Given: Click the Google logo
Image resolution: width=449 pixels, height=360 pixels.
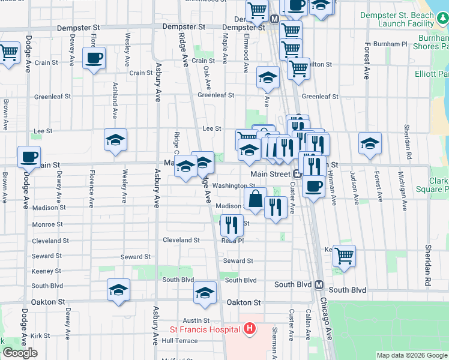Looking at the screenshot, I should pyautogui.click(x=20, y=353).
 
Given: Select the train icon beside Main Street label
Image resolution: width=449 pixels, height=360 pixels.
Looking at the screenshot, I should pyautogui.click(x=297, y=174).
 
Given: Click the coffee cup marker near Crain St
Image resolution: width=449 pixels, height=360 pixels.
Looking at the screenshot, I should pyautogui.click(x=94, y=58).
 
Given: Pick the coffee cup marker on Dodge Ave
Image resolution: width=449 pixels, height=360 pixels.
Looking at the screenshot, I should pyautogui.click(x=29, y=157).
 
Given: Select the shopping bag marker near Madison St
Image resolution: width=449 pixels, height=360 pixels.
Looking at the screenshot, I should pyautogui.click(x=255, y=199).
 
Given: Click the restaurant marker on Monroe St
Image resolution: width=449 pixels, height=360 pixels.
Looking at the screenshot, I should pyautogui.click(x=232, y=226).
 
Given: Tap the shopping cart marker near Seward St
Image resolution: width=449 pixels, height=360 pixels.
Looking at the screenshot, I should pyautogui.click(x=344, y=255).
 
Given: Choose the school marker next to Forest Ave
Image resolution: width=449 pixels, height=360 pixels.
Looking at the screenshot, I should pyautogui.click(x=370, y=143).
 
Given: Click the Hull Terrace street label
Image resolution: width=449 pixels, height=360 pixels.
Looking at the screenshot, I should pyautogui.click(x=179, y=340).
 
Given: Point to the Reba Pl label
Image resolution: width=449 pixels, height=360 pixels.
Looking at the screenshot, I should pyautogui.click(x=232, y=240).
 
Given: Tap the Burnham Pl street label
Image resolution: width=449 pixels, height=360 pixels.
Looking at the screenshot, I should pyautogui.click(x=390, y=44).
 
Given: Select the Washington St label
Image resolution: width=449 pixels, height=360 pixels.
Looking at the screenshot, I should pyautogui.click(x=230, y=186).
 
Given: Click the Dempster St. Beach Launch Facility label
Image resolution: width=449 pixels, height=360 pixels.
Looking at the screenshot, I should pyautogui.click(x=405, y=20).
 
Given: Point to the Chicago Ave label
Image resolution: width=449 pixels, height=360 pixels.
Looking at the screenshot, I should pyautogui.click(x=328, y=318).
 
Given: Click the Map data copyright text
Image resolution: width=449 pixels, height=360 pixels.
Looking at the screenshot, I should pyautogui.click(x=412, y=355).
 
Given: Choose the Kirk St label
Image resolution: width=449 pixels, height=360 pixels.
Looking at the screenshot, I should pyautogui.click(x=41, y=335).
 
